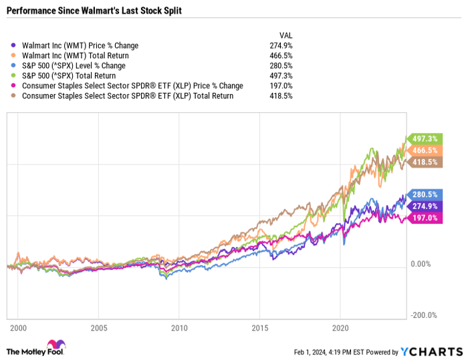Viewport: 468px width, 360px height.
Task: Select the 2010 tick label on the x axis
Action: [x=179, y=329]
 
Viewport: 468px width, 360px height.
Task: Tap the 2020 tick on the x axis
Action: [x=340, y=329]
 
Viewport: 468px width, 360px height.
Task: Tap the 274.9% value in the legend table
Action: [x=283, y=45]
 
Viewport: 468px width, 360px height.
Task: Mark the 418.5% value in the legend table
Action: [x=283, y=96]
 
